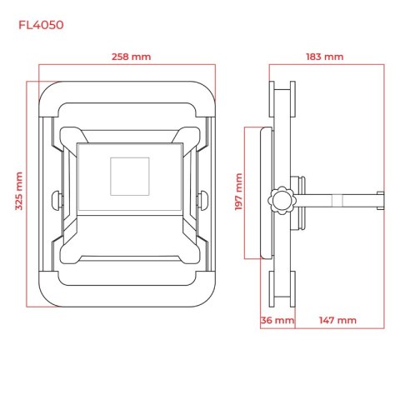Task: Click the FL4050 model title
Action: click(41, 25)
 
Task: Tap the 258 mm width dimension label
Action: click(131, 57)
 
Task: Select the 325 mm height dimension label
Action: click(19, 191)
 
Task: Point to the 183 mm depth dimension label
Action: click(325, 57)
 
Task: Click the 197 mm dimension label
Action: click(238, 192)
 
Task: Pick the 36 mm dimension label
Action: click(277, 320)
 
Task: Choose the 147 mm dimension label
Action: click(337, 320)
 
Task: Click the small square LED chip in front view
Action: click(130, 177)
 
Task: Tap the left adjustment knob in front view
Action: click(57, 200)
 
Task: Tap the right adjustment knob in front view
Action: click(202, 200)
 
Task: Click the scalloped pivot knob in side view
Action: click(282, 201)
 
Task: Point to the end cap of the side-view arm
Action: click(381, 200)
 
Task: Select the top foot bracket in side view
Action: click(282, 99)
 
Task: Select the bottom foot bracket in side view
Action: click(282, 289)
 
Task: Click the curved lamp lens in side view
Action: click(267, 193)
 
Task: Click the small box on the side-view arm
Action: click(337, 201)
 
